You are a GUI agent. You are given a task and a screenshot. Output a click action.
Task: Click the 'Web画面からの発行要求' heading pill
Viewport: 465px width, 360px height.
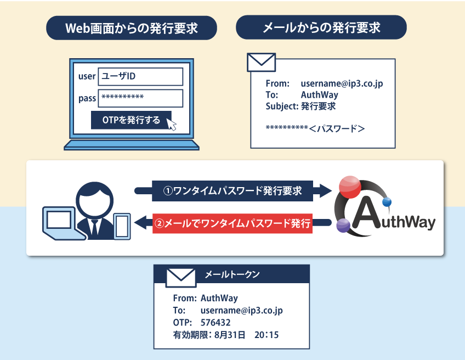point(132,27)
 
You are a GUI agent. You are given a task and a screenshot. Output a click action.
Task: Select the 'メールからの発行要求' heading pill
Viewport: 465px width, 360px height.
point(321,27)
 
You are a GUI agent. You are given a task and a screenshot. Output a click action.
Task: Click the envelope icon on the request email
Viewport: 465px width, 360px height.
point(261,62)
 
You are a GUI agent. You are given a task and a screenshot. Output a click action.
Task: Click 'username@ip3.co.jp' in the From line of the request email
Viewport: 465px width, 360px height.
point(342,84)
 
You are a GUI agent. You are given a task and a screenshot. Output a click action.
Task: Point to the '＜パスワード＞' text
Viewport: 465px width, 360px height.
point(337,129)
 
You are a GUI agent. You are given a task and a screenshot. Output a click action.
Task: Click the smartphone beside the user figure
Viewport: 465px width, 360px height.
point(121,225)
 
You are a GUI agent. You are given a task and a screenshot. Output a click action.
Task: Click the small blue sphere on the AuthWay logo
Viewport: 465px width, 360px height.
point(387,203)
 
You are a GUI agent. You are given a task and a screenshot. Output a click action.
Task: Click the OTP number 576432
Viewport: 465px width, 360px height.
point(216,322)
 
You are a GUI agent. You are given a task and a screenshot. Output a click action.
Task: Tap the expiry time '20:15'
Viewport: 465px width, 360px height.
point(266,334)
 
